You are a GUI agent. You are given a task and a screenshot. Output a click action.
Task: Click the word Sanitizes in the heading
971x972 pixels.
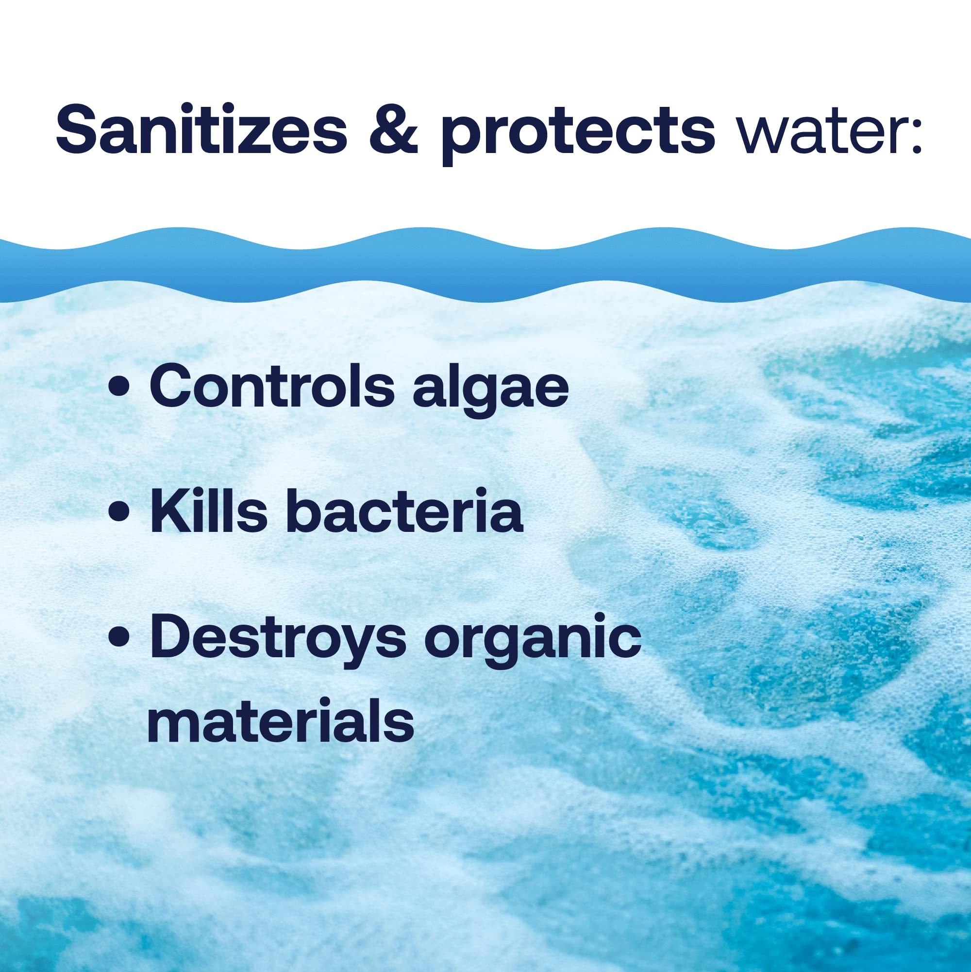click(x=201, y=129)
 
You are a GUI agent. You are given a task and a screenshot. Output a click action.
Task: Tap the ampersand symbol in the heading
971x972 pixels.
click(x=393, y=129)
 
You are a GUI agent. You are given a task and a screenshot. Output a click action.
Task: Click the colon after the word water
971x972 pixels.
click(x=916, y=132)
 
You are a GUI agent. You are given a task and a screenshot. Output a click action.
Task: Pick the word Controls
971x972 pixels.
click(x=271, y=386)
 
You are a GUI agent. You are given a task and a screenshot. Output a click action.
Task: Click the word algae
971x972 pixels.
click(x=490, y=390)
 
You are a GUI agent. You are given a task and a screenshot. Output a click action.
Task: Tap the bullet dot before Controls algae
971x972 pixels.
click(x=119, y=388)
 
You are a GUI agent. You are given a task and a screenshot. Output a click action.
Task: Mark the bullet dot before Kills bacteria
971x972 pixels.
click(x=119, y=513)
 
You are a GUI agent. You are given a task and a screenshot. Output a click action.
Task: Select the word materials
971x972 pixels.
click(x=280, y=721)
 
